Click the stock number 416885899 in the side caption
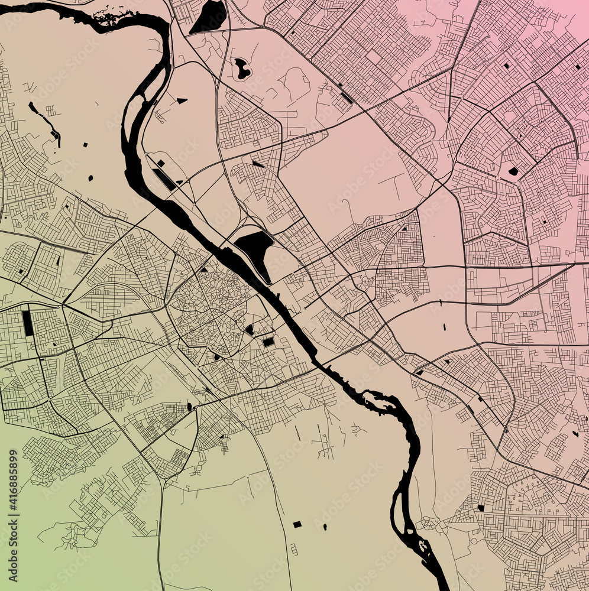point(14,490)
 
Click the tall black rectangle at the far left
point(27,323)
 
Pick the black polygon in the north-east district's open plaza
point(513,171)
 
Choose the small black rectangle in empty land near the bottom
point(297,524)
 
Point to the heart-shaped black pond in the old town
point(250,330)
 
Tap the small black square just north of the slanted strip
point(160,163)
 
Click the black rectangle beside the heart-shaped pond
point(268,342)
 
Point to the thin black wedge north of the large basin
point(258,164)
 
